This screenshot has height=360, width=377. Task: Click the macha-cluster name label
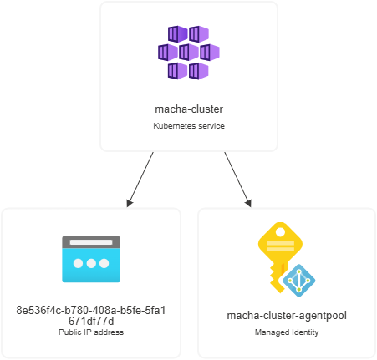coord(189,109)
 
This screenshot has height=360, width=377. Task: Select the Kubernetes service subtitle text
coord(189,126)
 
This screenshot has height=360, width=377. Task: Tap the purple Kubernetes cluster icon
coord(189,53)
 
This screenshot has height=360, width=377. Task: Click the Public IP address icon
coord(91,259)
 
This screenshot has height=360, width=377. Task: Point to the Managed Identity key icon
coord(287,259)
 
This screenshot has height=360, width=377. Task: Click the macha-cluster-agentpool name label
coord(287,316)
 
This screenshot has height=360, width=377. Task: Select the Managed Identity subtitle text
coord(287,332)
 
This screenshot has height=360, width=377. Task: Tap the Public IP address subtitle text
coord(91,332)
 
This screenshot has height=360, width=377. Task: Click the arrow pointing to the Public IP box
coord(140,180)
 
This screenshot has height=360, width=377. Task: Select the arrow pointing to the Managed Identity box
coord(237,180)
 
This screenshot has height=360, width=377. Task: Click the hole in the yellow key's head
coord(280,231)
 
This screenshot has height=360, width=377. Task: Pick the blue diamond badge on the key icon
coord(299,281)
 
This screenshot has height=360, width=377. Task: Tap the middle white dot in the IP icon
coord(91,263)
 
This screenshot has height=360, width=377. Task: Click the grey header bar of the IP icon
coord(91,242)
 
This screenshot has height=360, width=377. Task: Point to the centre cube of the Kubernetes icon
coord(189,52)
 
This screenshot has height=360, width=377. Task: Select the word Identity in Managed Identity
coord(305,332)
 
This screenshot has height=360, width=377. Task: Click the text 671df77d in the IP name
coord(91,322)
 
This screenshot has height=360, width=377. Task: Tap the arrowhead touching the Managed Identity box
coord(249,203)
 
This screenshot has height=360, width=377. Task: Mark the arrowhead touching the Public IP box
coord(130,203)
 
